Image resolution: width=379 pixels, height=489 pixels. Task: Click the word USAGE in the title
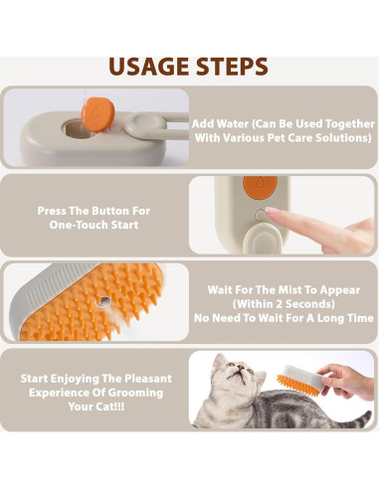click(x=150, y=67)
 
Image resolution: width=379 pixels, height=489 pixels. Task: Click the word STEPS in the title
click(x=232, y=67)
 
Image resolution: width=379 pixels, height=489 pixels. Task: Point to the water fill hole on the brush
click(x=78, y=129)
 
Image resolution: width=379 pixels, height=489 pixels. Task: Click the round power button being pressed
click(x=261, y=216)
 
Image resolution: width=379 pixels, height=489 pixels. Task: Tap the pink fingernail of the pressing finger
click(x=271, y=210)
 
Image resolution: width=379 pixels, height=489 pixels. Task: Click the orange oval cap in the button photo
click(x=260, y=187)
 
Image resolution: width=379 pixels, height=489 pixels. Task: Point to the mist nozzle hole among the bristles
click(x=103, y=301)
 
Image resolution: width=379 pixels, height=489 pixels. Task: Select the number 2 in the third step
click(x=279, y=304)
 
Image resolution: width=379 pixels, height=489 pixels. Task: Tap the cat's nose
click(x=240, y=367)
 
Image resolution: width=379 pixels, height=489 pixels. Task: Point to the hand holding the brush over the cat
click(x=345, y=381)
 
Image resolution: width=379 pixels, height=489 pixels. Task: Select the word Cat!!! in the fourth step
click(x=110, y=407)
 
